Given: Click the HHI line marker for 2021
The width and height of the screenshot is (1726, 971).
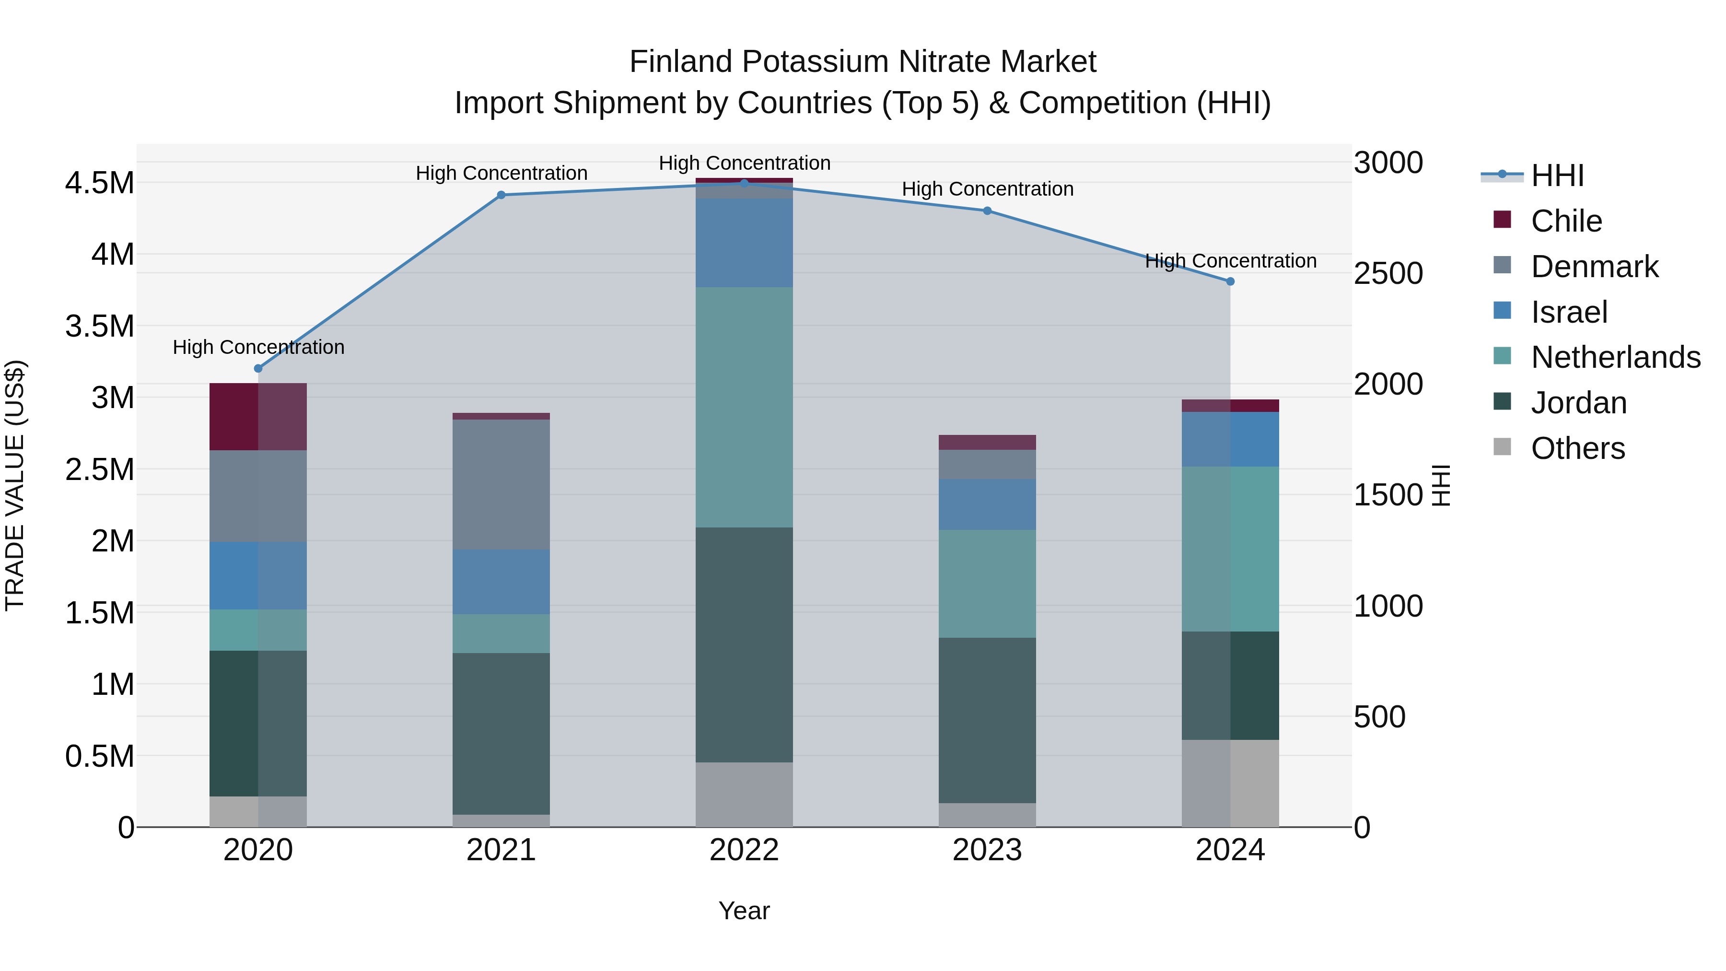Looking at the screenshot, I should coord(501,195).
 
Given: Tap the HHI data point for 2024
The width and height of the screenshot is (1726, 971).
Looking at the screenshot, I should coord(1230,281).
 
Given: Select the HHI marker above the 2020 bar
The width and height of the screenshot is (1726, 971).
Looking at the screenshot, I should coord(258,369).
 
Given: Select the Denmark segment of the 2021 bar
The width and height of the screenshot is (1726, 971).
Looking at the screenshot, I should coord(501,484).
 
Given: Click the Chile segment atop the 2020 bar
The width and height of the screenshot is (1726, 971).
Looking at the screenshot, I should coord(258,417).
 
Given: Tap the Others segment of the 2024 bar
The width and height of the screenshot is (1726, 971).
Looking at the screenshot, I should coord(1230,784).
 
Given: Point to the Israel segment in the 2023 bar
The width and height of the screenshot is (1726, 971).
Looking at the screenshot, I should coord(987,504).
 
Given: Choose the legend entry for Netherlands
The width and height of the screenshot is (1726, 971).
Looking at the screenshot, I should coord(1615,357).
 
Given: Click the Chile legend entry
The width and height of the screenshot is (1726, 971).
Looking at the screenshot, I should coord(1566,221).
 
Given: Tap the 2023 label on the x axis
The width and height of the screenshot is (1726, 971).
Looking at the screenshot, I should coord(987,850).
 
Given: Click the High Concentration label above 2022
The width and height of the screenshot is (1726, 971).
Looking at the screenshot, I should coord(745,163).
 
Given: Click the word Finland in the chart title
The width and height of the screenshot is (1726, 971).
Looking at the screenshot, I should coord(681,62).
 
